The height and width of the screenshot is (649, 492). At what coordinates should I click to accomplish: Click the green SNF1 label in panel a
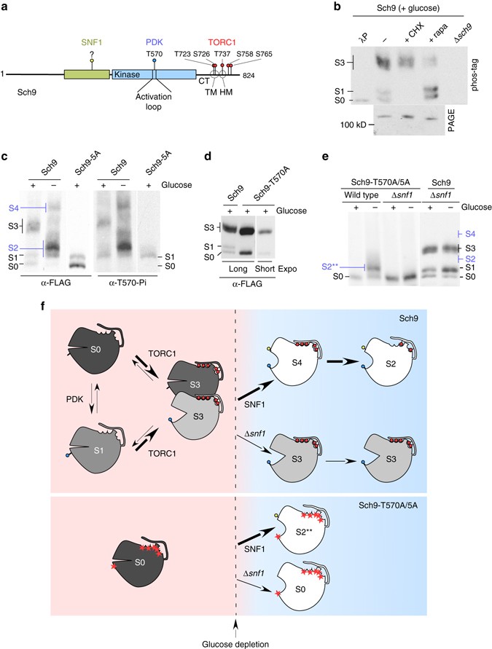(x=92, y=42)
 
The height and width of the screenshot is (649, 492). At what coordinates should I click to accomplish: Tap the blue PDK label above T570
(x=154, y=42)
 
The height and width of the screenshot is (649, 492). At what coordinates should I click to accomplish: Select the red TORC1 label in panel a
(x=222, y=42)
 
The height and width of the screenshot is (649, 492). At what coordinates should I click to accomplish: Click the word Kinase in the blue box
(x=127, y=75)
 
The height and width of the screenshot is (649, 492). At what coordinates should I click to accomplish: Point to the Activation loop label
(x=153, y=101)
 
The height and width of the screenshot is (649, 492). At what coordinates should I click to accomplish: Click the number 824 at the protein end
(x=249, y=75)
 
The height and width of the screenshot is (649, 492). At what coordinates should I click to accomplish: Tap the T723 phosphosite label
(x=183, y=54)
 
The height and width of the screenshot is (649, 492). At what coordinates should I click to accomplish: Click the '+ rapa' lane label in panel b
(x=438, y=32)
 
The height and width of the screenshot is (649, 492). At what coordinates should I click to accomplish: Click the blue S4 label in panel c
(x=14, y=208)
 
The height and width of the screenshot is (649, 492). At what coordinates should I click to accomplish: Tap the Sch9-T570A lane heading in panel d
(x=266, y=189)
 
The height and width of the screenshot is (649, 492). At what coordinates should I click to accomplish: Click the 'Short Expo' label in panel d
(x=276, y=269)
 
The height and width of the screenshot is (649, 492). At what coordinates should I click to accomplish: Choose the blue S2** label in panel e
(x=332, y=267)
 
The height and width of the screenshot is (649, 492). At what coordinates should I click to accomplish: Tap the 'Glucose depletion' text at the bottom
(x=235, y=644)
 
